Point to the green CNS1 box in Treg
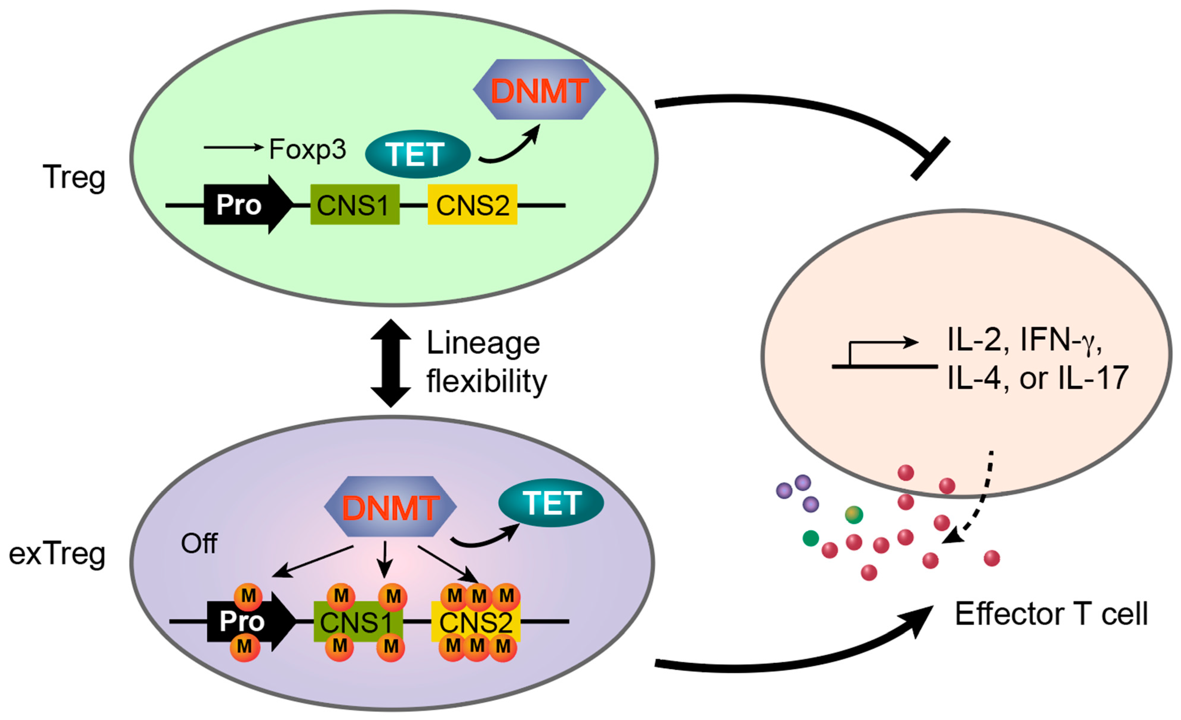click(355, 205)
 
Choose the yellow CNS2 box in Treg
click(472, 205)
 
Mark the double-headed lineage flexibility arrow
click(391, 363)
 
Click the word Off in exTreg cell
click(199, 544)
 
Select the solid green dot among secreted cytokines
click(811, 538)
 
